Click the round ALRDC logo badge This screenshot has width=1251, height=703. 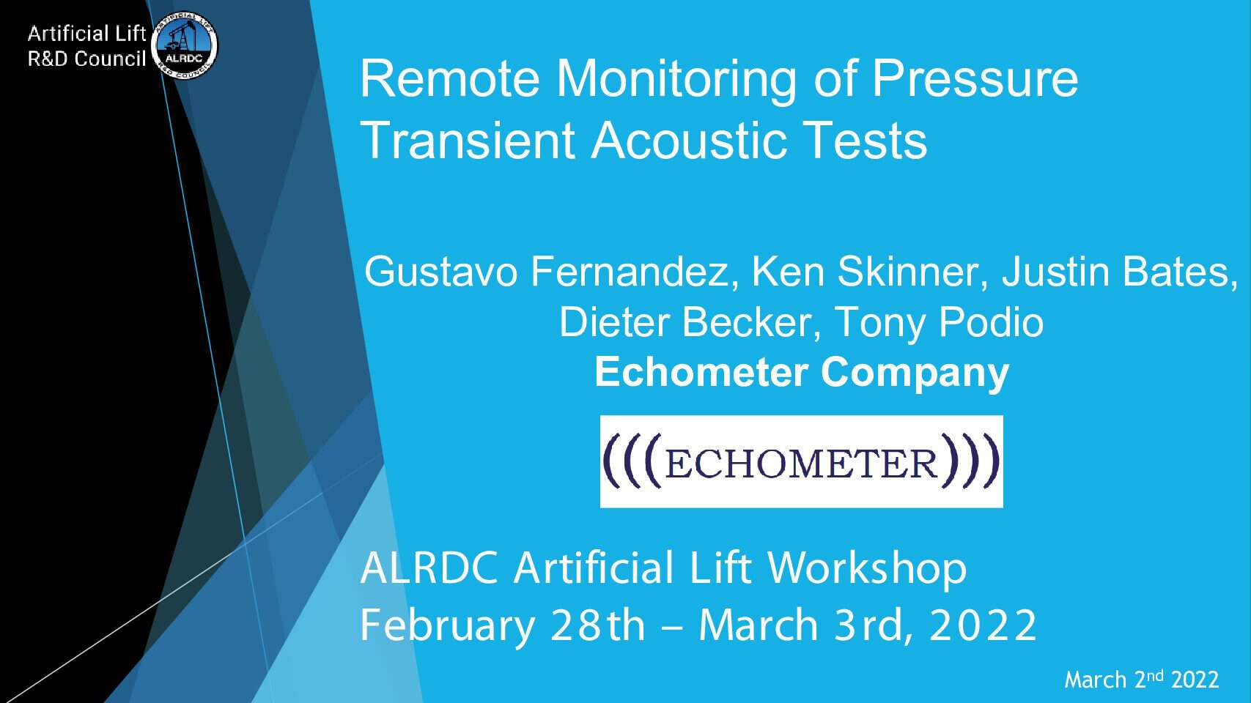point(184,45)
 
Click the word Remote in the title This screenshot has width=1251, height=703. point(450,79)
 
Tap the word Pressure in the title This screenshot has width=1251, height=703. point(975,79)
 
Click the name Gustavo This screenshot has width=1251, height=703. point(440,272)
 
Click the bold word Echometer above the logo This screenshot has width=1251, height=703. point(701,372)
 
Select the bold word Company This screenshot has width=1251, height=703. point(915,373)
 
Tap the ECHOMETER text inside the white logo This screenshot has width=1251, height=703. point(802,464)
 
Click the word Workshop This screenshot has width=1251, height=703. point(867,568)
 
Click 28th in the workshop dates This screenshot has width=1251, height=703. point(597,625)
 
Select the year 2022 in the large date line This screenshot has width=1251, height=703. point(983,625)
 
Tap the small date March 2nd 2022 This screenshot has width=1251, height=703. point(1142,680)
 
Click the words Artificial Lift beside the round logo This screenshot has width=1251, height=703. point(86,34)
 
